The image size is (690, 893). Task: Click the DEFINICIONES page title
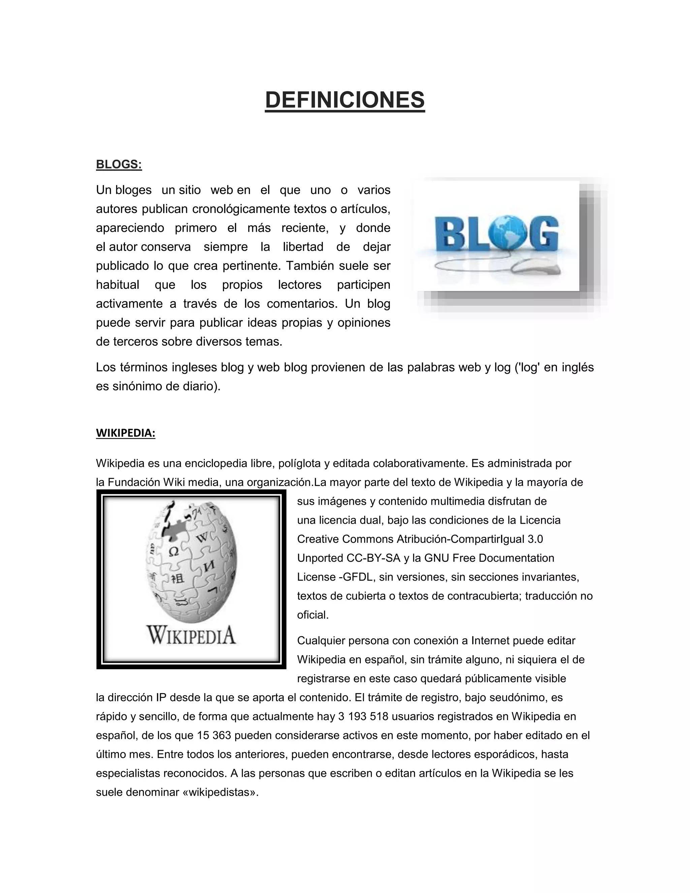click(x=345, y=100)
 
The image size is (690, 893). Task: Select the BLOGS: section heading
click(x=119, y=164)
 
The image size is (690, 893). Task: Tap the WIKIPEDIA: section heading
click(x=125, y=433)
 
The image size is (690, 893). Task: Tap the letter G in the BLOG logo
click(x=542, y=236)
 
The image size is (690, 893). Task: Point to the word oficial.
click(x=313, y=615)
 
